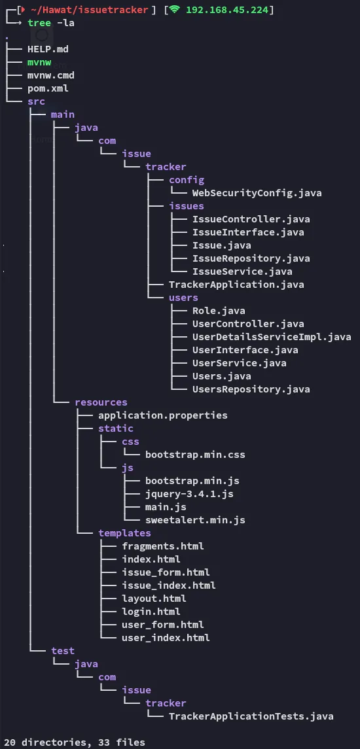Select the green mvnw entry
click(x=39, y=62)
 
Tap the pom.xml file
click(x=48, y=88)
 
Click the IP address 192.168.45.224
click(x=228, y=10)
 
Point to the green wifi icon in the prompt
click(x=175, y=10)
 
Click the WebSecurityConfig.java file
click(x=257, y=194)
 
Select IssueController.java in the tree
click(x=251, y=219)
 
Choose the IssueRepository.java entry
click(x=251, y=258)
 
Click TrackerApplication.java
click(x=236, y=285)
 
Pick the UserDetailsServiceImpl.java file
click(x=272, y=337)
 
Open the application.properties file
click(x=162, y=415)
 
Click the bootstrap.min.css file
click(x=195, y=455)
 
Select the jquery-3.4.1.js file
click(x=189, y=494)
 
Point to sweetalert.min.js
click(x=195, y=520)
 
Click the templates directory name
click(x=124, y=533)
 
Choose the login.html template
click(x=151, y=612)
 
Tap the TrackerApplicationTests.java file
click(x=251, y=716)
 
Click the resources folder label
click(x=101, y=403)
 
